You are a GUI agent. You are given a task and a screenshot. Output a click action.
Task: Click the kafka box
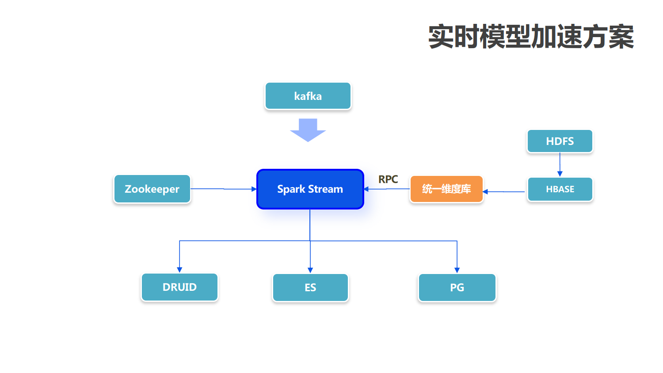tap(308, 96)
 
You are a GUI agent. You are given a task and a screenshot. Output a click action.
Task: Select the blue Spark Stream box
tap(310, 189)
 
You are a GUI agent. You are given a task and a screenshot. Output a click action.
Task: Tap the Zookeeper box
tap(152, 189)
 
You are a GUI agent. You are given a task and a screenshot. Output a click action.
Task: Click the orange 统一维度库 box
tap(446, 189)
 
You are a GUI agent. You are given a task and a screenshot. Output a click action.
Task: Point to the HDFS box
tap(560, 141)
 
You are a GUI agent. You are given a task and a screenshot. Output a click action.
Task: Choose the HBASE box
tap(560, 189)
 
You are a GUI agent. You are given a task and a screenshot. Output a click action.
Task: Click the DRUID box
tap(179, 287)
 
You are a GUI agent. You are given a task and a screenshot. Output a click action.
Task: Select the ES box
tap(310, 288)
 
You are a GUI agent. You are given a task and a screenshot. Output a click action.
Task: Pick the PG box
tap(457, 288)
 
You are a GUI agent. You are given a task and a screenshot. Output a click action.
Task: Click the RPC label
tap(388, 179)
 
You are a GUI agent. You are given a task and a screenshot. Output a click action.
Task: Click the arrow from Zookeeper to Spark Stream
tap(223, 189)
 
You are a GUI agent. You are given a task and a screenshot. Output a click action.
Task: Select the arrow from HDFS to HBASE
tap(560, 164)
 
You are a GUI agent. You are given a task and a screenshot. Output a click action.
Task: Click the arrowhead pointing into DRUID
tap(179, 270)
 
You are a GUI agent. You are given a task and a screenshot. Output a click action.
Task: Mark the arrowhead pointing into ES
tap(310, 270)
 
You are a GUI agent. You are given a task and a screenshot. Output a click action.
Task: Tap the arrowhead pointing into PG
tap(457, 270)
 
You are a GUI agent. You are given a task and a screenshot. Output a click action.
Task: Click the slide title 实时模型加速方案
tap(531, 37)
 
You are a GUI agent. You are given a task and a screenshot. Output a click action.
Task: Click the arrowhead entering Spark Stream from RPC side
tap(366, 189)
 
